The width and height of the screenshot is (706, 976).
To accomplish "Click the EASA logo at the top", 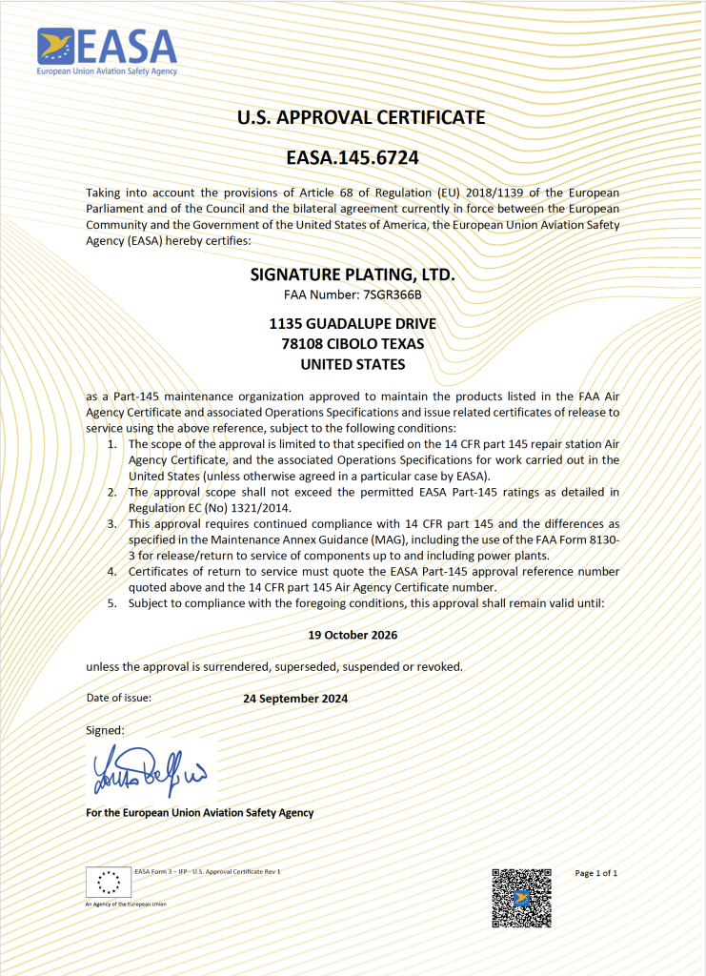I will (107, 51).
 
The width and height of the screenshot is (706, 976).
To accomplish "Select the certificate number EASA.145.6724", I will (353, 156).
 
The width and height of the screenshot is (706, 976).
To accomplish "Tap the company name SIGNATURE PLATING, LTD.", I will (353, 274).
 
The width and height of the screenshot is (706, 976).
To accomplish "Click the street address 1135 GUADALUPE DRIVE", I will (353, 324).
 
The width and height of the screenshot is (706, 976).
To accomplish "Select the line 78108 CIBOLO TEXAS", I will (353, 344).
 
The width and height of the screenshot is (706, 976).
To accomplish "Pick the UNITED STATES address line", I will (353, 364).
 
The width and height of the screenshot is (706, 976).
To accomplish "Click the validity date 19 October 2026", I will (353, 634).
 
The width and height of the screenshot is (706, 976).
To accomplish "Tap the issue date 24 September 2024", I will (295, 698).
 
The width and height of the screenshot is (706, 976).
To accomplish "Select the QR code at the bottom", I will (521, 898).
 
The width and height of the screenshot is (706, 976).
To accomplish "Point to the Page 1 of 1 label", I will (596, 873).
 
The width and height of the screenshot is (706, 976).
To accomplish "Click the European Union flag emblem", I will (109, 883).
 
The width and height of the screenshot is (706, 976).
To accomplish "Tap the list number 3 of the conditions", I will (111, 523).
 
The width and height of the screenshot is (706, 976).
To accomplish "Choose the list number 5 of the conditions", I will (111, 602).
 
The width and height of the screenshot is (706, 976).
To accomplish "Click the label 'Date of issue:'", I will (119, 697).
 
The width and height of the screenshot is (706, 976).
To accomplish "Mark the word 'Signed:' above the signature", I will (105, 729).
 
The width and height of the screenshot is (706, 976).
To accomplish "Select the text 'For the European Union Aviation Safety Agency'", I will (199, 813).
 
